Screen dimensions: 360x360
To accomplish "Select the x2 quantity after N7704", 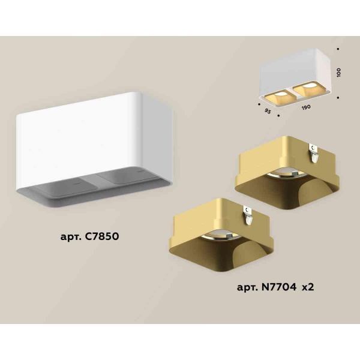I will [x=307, y=287].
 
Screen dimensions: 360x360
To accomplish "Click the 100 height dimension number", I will [x=339, y=72].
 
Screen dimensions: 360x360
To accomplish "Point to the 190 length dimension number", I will [x=306, y=107].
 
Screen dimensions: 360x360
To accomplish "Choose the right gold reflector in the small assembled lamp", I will [x=305, y=90].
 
